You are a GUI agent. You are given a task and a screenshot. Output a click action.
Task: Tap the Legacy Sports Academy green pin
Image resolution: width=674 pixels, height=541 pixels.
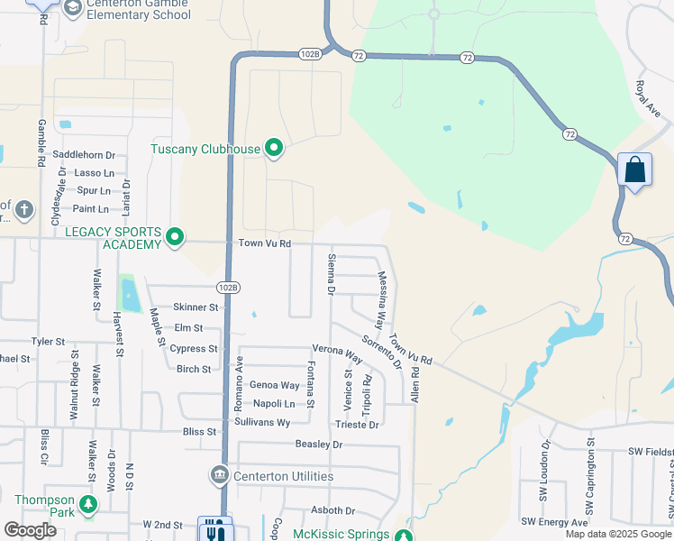[x=176, y=238]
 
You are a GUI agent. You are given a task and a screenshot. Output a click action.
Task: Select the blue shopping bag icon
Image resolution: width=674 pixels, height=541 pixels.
[x=634, y=170]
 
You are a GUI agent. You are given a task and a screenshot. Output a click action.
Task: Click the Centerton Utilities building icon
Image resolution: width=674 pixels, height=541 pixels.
[x=219, y=475]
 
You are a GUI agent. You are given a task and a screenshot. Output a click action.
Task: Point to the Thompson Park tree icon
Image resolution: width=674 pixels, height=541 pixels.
[x=88, y=503]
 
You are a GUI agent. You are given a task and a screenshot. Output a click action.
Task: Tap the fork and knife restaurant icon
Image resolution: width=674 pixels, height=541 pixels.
[x=215, y=531]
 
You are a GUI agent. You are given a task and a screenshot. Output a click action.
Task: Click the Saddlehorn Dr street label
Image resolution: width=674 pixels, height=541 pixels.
[x=85, y=155]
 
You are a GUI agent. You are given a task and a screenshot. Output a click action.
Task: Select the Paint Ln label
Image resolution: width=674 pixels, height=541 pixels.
[x=90, y=209]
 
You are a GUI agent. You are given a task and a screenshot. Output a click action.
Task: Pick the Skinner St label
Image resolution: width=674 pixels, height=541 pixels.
[x=196, y=307]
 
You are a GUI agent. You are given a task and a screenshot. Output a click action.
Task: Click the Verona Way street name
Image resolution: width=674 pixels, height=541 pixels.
[x=337, y=353]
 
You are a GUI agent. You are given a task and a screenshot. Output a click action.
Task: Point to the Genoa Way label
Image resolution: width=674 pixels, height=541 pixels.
[x=274, y=385]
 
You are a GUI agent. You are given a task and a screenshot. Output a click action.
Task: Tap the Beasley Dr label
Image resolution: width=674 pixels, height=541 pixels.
[x=319, y=445]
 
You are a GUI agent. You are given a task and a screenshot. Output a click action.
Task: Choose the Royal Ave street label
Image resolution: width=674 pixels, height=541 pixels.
[x=649, y=97]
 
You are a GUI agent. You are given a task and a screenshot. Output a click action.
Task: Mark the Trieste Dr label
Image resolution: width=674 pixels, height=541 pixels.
[x=357, y=424]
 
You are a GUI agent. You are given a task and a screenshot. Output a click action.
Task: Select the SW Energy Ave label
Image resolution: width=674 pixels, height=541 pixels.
[x=554, y=523]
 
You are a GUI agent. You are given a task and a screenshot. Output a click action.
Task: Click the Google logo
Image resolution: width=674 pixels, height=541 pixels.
[x=30, y=530]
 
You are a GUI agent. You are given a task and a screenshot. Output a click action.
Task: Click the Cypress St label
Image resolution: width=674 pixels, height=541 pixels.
[x=193, y=349]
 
